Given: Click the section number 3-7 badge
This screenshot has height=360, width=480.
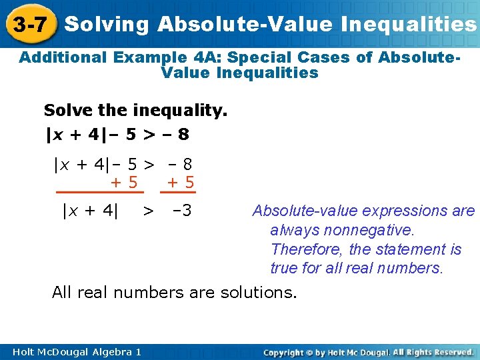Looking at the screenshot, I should click(29, 25).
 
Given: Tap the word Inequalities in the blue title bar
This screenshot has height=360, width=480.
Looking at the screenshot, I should click(409, 25).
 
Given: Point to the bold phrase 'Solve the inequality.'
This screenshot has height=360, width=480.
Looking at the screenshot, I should click(135, 109).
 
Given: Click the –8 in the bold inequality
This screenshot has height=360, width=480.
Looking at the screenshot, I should click(177, 135).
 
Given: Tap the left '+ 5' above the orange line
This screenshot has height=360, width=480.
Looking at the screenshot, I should click(125, 181).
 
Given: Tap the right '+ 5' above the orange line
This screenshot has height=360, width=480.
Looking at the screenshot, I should click(181, 181).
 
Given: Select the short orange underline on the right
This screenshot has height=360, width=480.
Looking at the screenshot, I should click(180, 192).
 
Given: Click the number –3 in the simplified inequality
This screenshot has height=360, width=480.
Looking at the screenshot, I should click(181, 211).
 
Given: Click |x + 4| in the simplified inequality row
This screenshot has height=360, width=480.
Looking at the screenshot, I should click(90, 211).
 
